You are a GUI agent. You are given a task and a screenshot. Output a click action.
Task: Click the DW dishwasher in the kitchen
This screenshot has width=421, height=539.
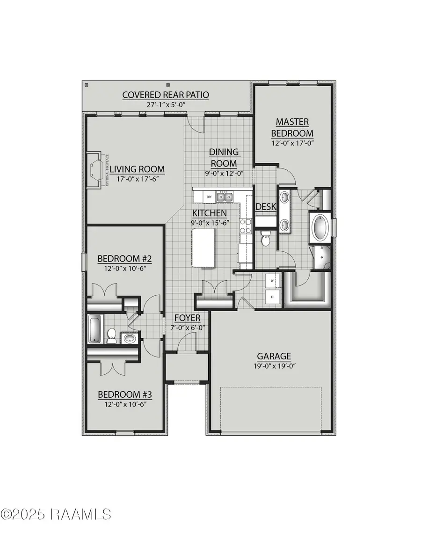(x=210, y=197)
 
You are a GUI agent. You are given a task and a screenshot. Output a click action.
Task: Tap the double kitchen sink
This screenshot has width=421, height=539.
(x=224, y=197)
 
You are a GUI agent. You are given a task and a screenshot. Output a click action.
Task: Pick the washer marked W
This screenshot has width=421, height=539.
(x=272, y=281)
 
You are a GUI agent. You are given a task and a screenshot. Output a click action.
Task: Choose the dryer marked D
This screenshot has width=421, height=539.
(x=272, y=297)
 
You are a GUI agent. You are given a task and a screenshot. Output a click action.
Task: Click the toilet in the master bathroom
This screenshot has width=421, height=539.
(x=266, y=238)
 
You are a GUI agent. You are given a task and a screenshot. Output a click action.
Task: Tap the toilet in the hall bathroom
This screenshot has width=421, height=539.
(x=112, y=335)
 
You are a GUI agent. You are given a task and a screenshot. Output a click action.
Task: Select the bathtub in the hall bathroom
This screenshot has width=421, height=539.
(x=94, y=329)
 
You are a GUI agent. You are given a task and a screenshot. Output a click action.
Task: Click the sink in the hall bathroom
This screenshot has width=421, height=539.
(x=129, y=338)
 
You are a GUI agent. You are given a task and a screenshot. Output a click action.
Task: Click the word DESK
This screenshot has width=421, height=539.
(x=265, y=207)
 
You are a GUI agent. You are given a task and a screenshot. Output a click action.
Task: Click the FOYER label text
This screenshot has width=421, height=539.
(x=187, y=318)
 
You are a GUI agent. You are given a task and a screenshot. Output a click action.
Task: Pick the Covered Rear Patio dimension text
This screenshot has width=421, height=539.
(x=166, y=105)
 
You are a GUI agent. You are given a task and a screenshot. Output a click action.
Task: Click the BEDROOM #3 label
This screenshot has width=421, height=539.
(x=125, y=394)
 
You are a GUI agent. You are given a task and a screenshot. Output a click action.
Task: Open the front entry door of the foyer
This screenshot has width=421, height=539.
(x=186, y=344)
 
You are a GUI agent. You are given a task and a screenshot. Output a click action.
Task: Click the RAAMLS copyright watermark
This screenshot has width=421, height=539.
(x=56, y=514)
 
